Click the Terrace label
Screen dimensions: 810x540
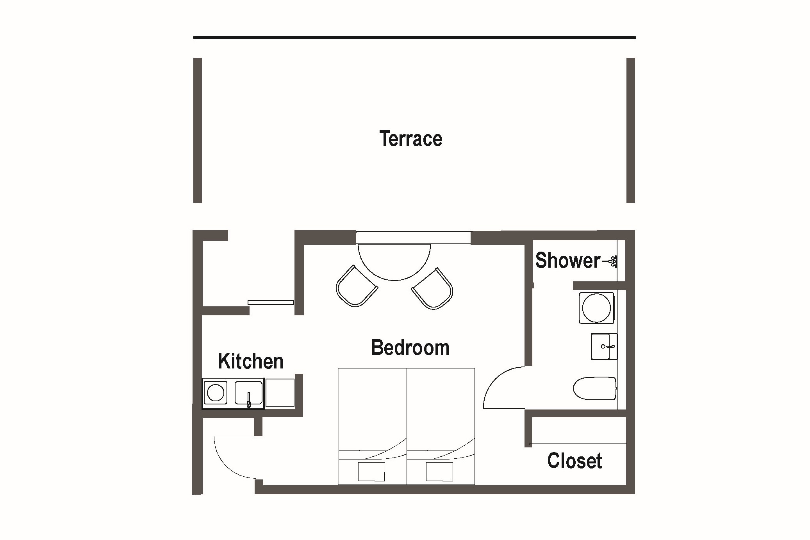click(410, 139)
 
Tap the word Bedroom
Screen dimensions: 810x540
click(410, 347)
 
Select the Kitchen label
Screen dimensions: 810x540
click(251, 361)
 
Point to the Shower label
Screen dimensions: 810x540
click(567, 260)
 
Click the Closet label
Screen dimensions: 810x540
click(574, 461)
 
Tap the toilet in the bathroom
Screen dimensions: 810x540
click(595, 388)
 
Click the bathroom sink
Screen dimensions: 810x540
click(604, 347)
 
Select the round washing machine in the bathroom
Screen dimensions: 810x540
click(596, 308)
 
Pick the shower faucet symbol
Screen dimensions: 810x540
click(611, 261)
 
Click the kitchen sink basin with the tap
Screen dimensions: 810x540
click(248, 393)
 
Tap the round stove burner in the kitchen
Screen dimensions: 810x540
click(215, 393)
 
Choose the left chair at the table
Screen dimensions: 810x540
click(357, 286)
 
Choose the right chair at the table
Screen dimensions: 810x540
click(432, 289)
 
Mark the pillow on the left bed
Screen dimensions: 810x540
click(371, 472)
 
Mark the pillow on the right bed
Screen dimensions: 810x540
click(439, 472)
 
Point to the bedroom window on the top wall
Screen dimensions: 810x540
click(413, 237)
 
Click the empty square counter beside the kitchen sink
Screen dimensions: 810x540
click(280, 393)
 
